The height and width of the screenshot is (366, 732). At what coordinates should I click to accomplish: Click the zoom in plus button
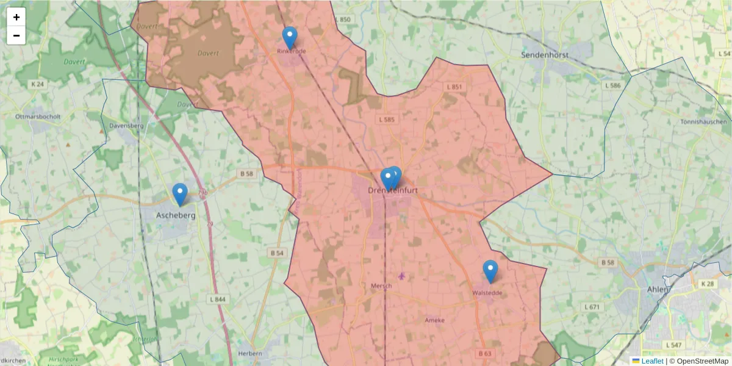[16, 17]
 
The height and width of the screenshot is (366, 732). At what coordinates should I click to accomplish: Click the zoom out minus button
[16, 35]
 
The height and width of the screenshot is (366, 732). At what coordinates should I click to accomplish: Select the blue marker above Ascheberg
[179, 194]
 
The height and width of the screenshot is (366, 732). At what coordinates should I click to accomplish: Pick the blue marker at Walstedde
[490, 271]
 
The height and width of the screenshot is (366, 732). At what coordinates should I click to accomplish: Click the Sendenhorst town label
[545, 55]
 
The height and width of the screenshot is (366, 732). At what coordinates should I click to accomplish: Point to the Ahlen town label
[657, 289]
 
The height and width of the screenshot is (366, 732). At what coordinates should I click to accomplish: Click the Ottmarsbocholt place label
[38, 116]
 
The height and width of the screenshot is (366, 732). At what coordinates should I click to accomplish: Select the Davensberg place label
[126, 126]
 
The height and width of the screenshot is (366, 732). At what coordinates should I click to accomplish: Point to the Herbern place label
[250, 353]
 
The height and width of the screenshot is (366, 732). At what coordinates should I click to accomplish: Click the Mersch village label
[381, 285]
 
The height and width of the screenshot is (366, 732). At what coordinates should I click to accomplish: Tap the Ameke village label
[435, 320]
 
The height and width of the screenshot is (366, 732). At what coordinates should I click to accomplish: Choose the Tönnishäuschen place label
[703, 122]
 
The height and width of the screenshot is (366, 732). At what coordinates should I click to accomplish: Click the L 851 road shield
[454, 87]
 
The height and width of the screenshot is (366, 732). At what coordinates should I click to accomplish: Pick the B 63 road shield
[485, 353]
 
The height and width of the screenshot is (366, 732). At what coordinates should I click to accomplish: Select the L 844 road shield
[217, 299]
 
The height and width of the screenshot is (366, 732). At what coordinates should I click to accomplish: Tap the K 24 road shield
[38, 84]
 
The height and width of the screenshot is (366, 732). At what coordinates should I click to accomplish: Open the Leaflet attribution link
[651, 361]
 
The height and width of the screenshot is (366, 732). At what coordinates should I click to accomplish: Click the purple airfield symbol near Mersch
[401, 276]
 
